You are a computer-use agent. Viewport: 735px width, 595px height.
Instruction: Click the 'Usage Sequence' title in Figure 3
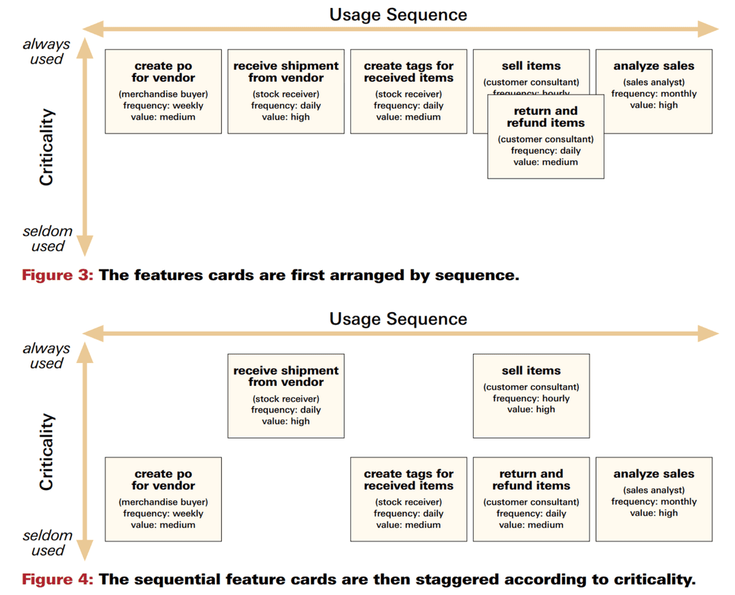pos(398,14)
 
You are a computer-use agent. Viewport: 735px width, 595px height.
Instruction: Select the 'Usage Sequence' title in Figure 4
pos(398,318)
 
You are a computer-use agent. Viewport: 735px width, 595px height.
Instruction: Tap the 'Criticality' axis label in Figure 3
pos(46,148)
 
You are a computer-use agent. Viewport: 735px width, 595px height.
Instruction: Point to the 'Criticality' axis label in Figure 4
pos(46,452)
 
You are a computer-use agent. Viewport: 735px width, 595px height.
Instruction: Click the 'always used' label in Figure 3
pos(46,51)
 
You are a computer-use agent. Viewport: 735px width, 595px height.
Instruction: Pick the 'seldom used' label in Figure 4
pos(47,543)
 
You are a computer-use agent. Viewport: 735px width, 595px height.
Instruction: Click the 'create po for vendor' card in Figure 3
pos(163,91)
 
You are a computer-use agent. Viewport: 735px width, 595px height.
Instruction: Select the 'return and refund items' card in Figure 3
pos(545,136)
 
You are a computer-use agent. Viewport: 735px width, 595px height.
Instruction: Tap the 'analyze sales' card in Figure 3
pos(653,91)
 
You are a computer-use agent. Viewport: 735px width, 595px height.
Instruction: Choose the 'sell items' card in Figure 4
pos(531,396)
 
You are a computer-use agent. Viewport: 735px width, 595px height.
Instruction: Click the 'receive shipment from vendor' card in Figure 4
pos(286,396)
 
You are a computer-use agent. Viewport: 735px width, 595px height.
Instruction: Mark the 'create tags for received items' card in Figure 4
pos(408,499)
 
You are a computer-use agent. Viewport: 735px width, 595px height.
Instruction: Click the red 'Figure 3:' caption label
pos(58,275)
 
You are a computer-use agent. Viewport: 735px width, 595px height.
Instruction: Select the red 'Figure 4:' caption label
pos(58,579)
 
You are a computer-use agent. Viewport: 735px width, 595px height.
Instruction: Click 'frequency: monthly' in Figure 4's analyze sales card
pos(653,501)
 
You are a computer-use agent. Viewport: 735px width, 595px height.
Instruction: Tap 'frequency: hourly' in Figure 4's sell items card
pos(531,398)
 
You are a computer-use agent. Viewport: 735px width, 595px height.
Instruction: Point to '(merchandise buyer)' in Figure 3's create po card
pos(163,94)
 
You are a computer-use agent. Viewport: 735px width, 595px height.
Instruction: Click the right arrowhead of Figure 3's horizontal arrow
pos(708,29)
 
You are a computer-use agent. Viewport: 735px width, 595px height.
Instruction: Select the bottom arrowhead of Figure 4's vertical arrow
pos(84,550)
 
